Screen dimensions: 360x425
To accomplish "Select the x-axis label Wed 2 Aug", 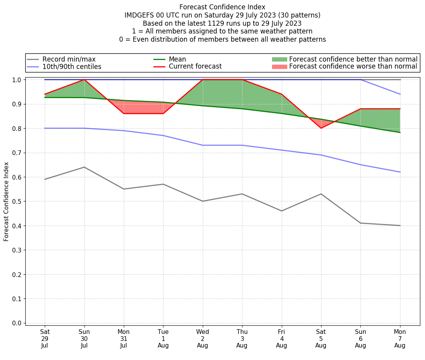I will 202,339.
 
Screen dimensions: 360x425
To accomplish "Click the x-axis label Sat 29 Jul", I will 45,339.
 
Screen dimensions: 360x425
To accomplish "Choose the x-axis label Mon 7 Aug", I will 400,339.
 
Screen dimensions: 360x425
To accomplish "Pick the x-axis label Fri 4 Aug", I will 281,339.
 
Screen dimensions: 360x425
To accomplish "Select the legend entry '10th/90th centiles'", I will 72,67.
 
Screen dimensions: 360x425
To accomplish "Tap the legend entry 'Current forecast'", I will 195,67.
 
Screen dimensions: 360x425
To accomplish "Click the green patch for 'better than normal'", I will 279,59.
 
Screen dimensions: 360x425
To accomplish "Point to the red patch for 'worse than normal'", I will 279,67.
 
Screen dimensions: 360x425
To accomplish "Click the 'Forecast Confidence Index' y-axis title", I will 7,201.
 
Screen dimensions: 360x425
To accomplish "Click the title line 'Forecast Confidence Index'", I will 222,7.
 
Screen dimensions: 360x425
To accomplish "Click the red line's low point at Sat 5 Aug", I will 321,128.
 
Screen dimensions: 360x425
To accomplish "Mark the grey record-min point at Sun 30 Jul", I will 84,167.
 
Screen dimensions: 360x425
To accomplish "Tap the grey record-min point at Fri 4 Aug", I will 281,211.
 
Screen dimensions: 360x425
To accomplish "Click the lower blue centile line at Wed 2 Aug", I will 202,145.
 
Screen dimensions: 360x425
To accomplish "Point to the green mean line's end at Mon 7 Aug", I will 400,132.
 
